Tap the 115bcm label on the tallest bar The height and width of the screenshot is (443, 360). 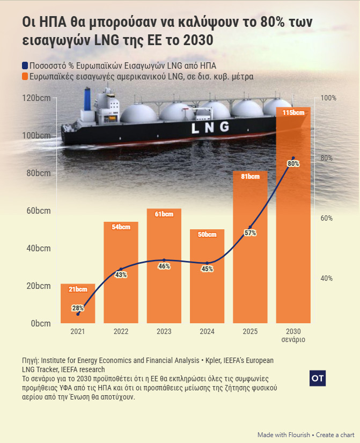pyautogui.click(x=293, y=113)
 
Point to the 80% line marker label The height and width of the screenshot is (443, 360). pyautogui.click(x=293, y=164)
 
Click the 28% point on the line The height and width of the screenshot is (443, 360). pyautogui.click(x=78, y=314)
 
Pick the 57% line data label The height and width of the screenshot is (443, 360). pyautogui.click(x=250, y=233)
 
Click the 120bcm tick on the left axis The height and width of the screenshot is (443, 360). pyautogui.click(x=36, y=98)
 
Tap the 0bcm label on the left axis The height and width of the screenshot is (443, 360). pyautogui.click(x=41, y=324)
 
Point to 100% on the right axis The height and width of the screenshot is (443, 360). pyautogui.click(x=328, y=98)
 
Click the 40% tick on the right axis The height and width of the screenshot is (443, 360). pyautogui.click(x=327, y=279)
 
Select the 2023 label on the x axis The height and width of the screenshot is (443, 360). pyautogui.click(x=164, y=332)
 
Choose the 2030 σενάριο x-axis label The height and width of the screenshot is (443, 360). pyautogui.click(x=293, y=336)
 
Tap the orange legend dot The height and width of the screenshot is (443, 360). pyautogui.click(x=25, y=77)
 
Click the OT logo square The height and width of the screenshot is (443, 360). pyautogui.click(x=318, y=378)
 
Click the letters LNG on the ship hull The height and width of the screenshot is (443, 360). pyautogui.click(x=209, y=127)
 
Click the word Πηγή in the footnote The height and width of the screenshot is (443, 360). pyautogui.click(x=30, y=360)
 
